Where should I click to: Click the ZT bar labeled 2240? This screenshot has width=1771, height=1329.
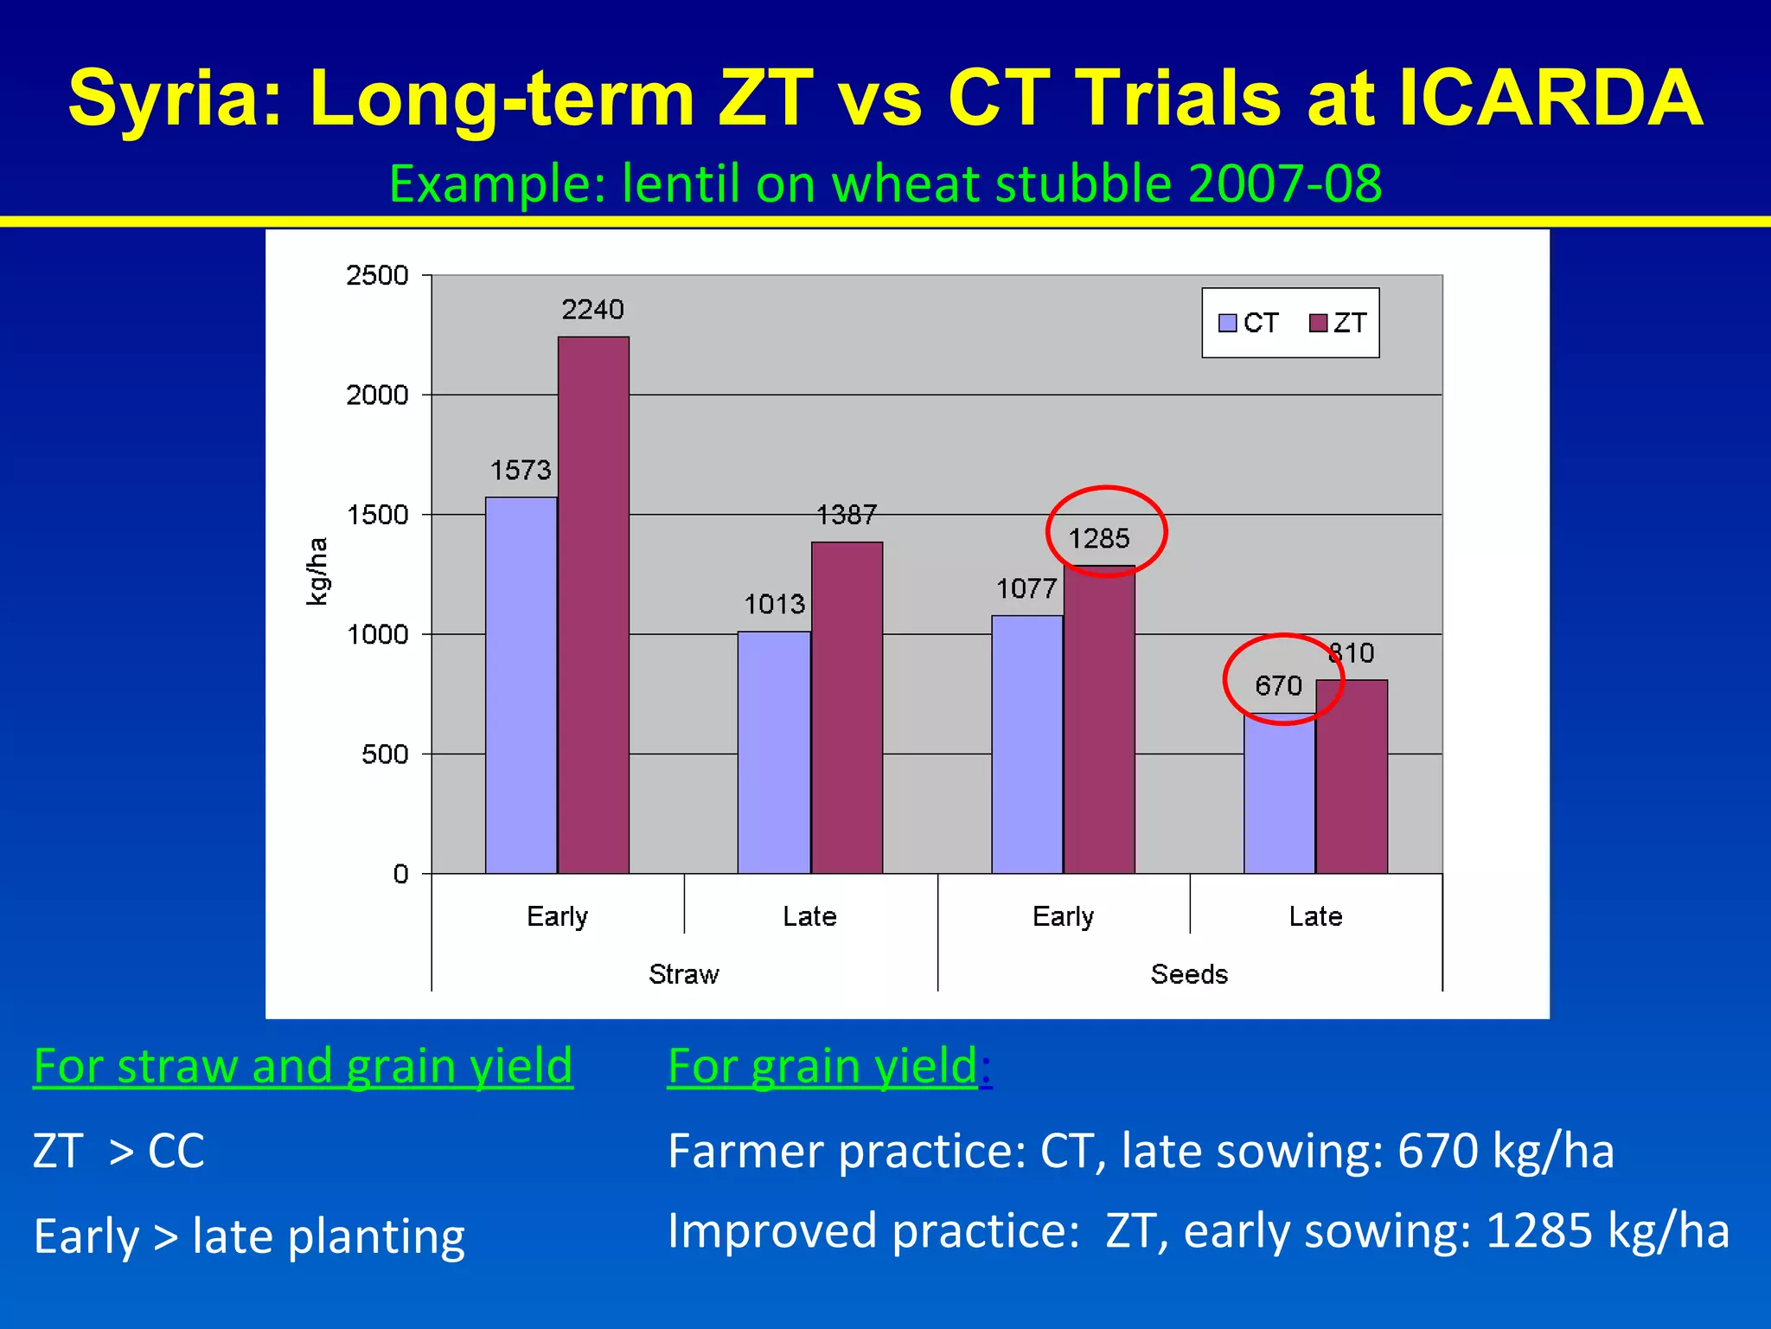click(593, 606)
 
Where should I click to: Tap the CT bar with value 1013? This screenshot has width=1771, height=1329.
click(774, 753)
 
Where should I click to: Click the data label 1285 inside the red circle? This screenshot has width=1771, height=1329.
click(1099, 539)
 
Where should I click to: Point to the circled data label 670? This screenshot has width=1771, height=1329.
click(1278, 686)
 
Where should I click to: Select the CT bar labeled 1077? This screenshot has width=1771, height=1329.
click(1026, 744)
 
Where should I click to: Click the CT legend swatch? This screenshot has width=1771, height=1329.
click(1227, 323)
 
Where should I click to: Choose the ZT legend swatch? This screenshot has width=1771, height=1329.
click(1318, 323)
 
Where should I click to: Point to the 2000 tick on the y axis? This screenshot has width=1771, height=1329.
click(377, 395)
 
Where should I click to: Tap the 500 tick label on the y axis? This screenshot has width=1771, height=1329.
click(385, 754)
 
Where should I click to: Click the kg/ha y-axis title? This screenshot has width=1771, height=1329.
click(317, 571)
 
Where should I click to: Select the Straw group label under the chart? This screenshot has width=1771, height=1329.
click(683, 974)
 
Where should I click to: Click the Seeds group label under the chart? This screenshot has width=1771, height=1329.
click(1189, 974)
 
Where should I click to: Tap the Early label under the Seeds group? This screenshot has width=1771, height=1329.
click(1063, 916)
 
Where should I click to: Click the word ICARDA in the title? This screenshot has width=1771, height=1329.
click(1549, 98)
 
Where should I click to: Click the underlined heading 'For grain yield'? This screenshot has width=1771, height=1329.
click(823, 1065)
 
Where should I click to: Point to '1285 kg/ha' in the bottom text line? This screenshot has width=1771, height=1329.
click(1607, 1230)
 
